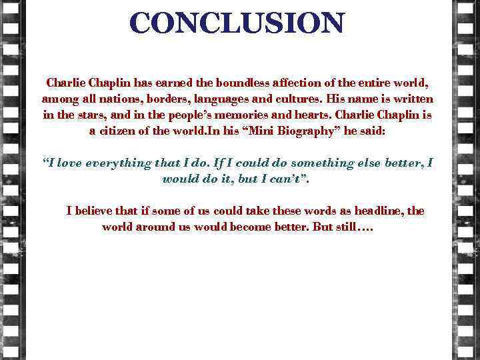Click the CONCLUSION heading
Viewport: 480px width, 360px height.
click(237, 23)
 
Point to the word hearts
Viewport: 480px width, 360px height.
click(317, 115)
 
